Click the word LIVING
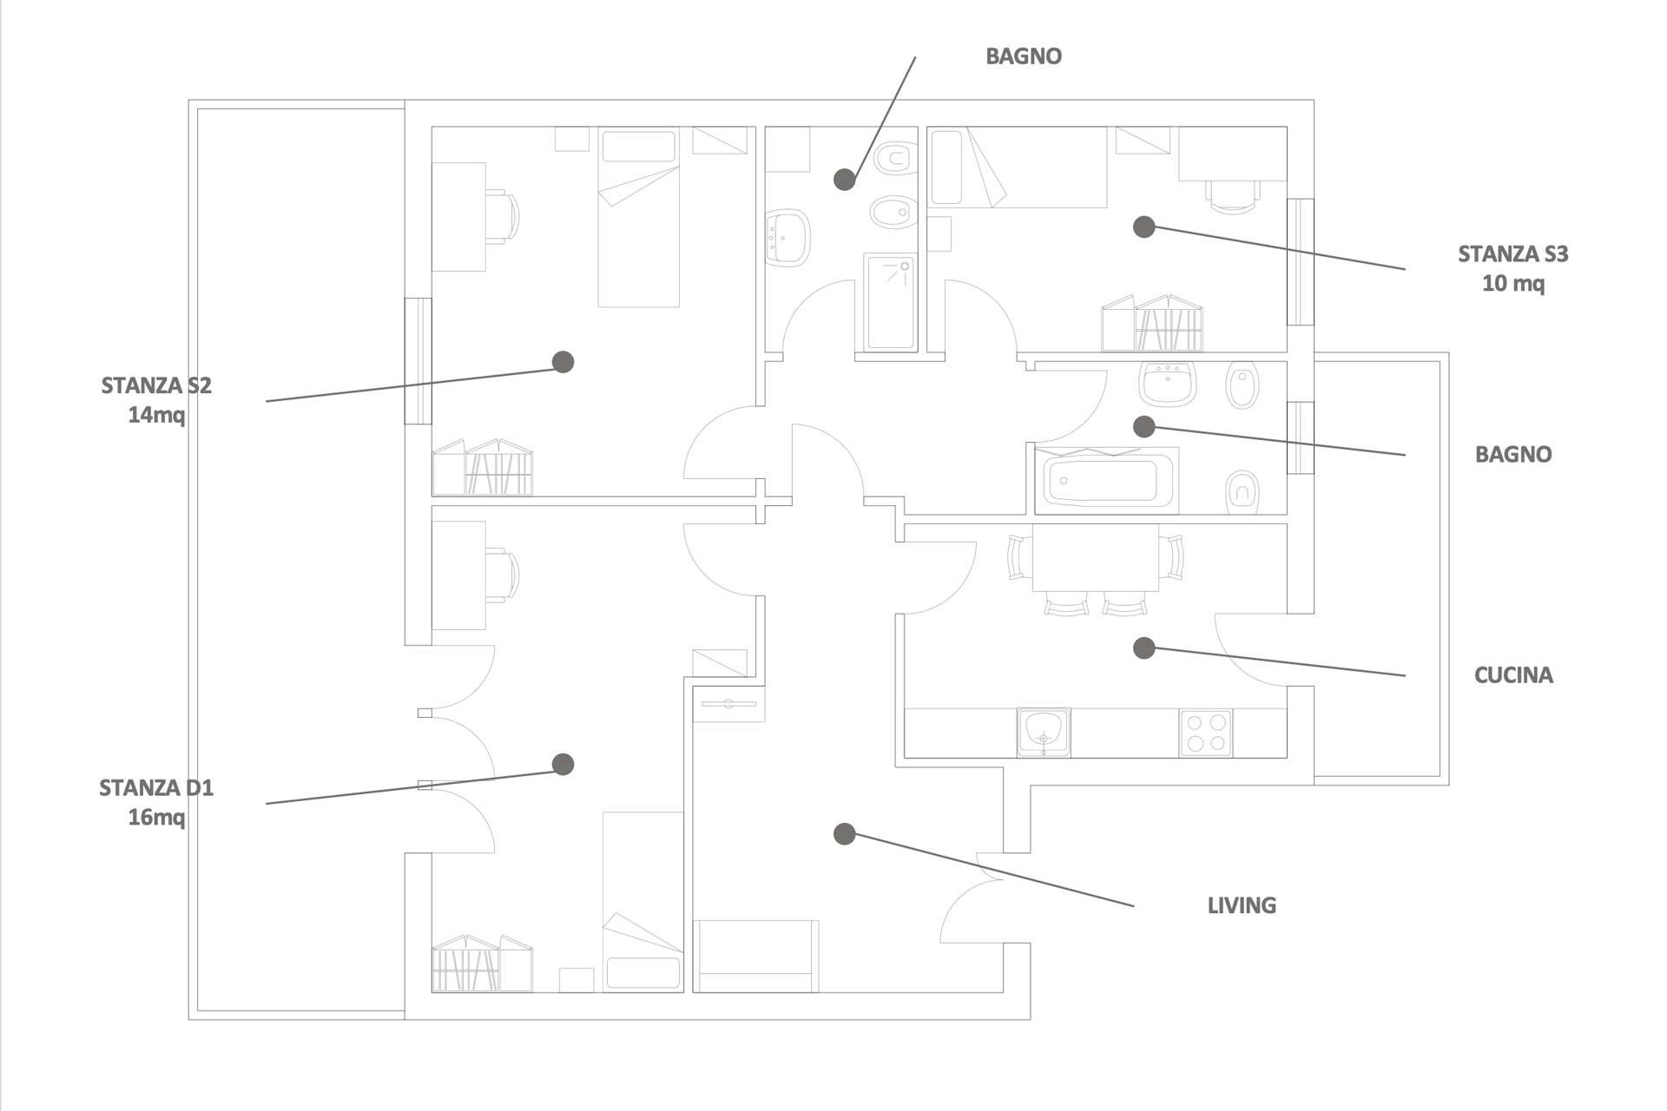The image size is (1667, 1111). click(x=1242, y=905)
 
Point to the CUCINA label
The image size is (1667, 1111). click(x=1513, y=675)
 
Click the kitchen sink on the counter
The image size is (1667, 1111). click(x=1044, y=732)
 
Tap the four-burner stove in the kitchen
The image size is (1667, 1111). click(x=1206, y=733)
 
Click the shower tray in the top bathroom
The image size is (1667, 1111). click(x=891, y=302)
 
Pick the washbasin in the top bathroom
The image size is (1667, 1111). click(x=787, y=237)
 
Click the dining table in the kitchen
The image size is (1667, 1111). click(x=1096, y=557)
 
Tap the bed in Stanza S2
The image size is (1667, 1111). click(x=638, y=217)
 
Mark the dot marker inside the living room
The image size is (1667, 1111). click(x=845, y=834)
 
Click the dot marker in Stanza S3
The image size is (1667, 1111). click(x=1144, y=227)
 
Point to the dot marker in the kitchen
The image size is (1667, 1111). click(x=1144, y=648)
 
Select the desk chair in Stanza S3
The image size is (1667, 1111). click(x=1233, y=197)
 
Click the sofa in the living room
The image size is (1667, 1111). click(x=755, y=956)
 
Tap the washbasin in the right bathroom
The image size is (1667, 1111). click(x=1168, y=384)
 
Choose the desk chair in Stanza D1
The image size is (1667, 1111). click(x=502, y=575)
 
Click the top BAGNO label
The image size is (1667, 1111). click(x=1024, y=56)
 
